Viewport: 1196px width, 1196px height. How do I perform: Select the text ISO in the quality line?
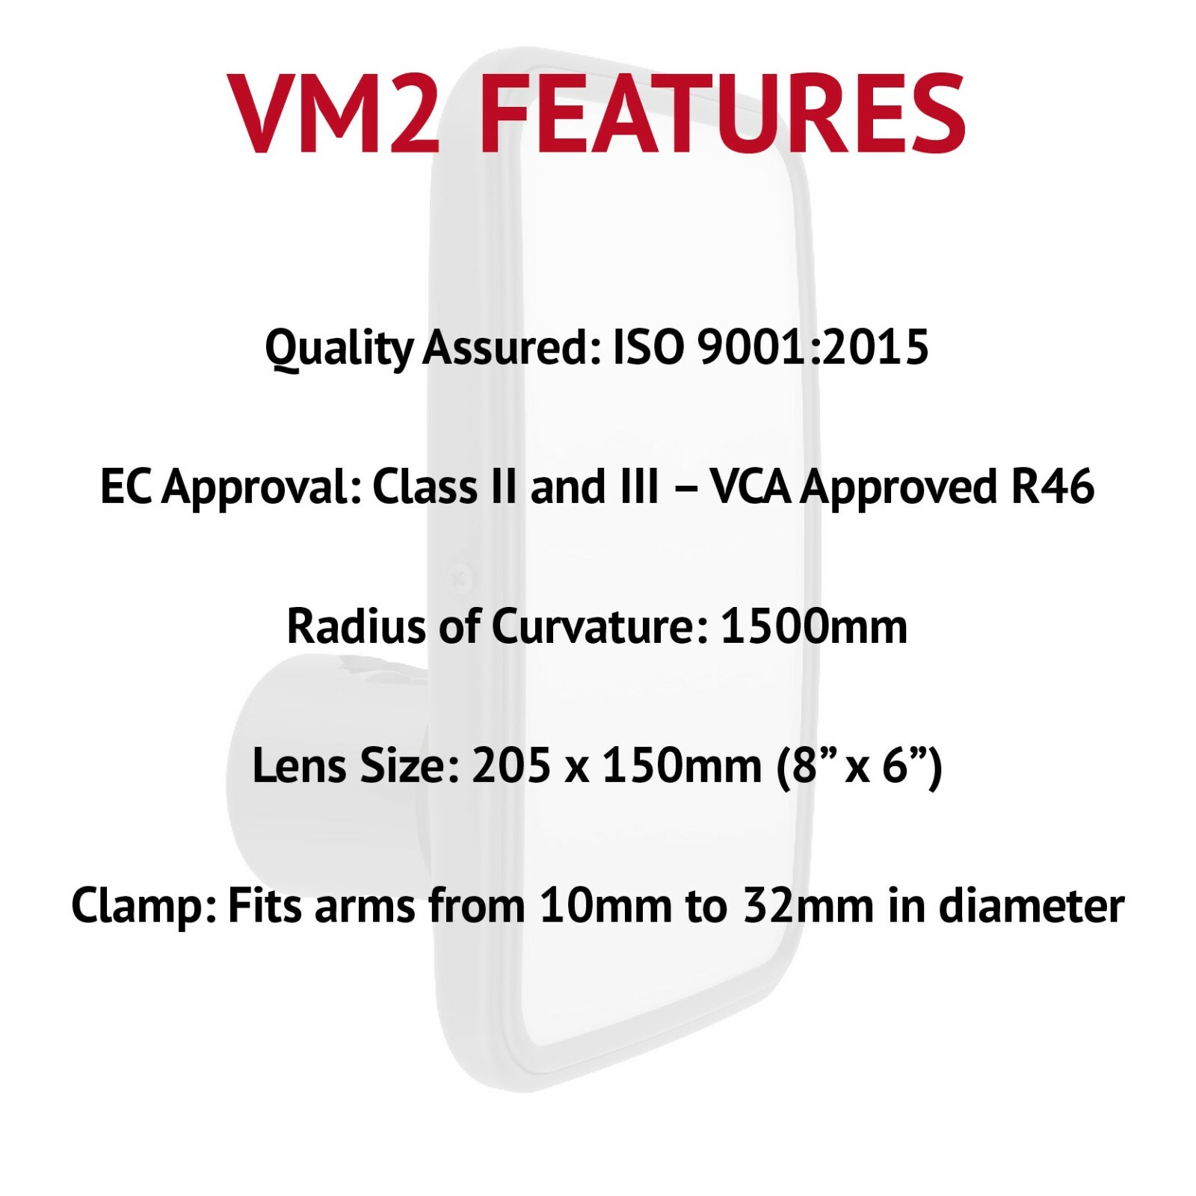[647, 348]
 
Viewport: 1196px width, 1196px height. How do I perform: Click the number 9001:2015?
[813, 348]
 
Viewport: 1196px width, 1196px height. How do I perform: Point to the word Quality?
[339, 349]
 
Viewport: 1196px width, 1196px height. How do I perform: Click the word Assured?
[512, 348]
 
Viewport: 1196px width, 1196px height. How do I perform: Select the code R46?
[1052, 487]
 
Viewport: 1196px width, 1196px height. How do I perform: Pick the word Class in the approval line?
[425, 487]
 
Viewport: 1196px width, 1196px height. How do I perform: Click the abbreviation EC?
[126, 487]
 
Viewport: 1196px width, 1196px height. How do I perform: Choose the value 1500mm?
[813, 626]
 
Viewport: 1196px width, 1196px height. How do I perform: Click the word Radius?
[357, 626]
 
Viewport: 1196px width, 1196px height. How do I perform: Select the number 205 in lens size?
[511, 765]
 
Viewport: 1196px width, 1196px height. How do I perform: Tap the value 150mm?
[682, 765]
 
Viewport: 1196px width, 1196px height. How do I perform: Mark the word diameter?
[1031, 905]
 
